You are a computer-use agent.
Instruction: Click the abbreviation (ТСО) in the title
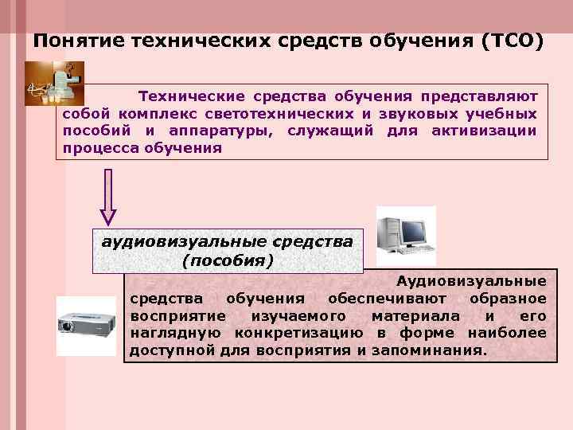tap(513, 41)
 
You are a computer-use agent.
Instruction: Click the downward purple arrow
tap(109, 195)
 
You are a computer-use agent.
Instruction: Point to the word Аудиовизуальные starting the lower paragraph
tap(472, 281)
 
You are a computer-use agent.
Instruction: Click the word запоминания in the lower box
tap(429, 350)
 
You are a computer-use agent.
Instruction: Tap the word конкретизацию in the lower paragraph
tap(294, 332)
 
